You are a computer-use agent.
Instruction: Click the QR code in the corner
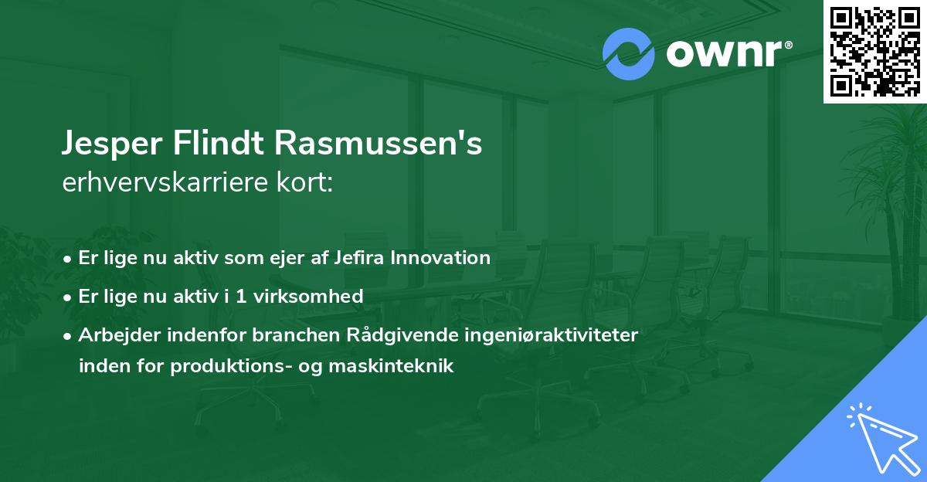pyautogui.click(x=875, y=51)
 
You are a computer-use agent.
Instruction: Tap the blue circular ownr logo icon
pyautogui.click(x=628, y=54)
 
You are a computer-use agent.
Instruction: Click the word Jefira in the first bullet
pyautogui.click(x=355, y=257)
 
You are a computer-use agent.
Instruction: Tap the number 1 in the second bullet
pyautogui.click(x=239, y=296)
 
